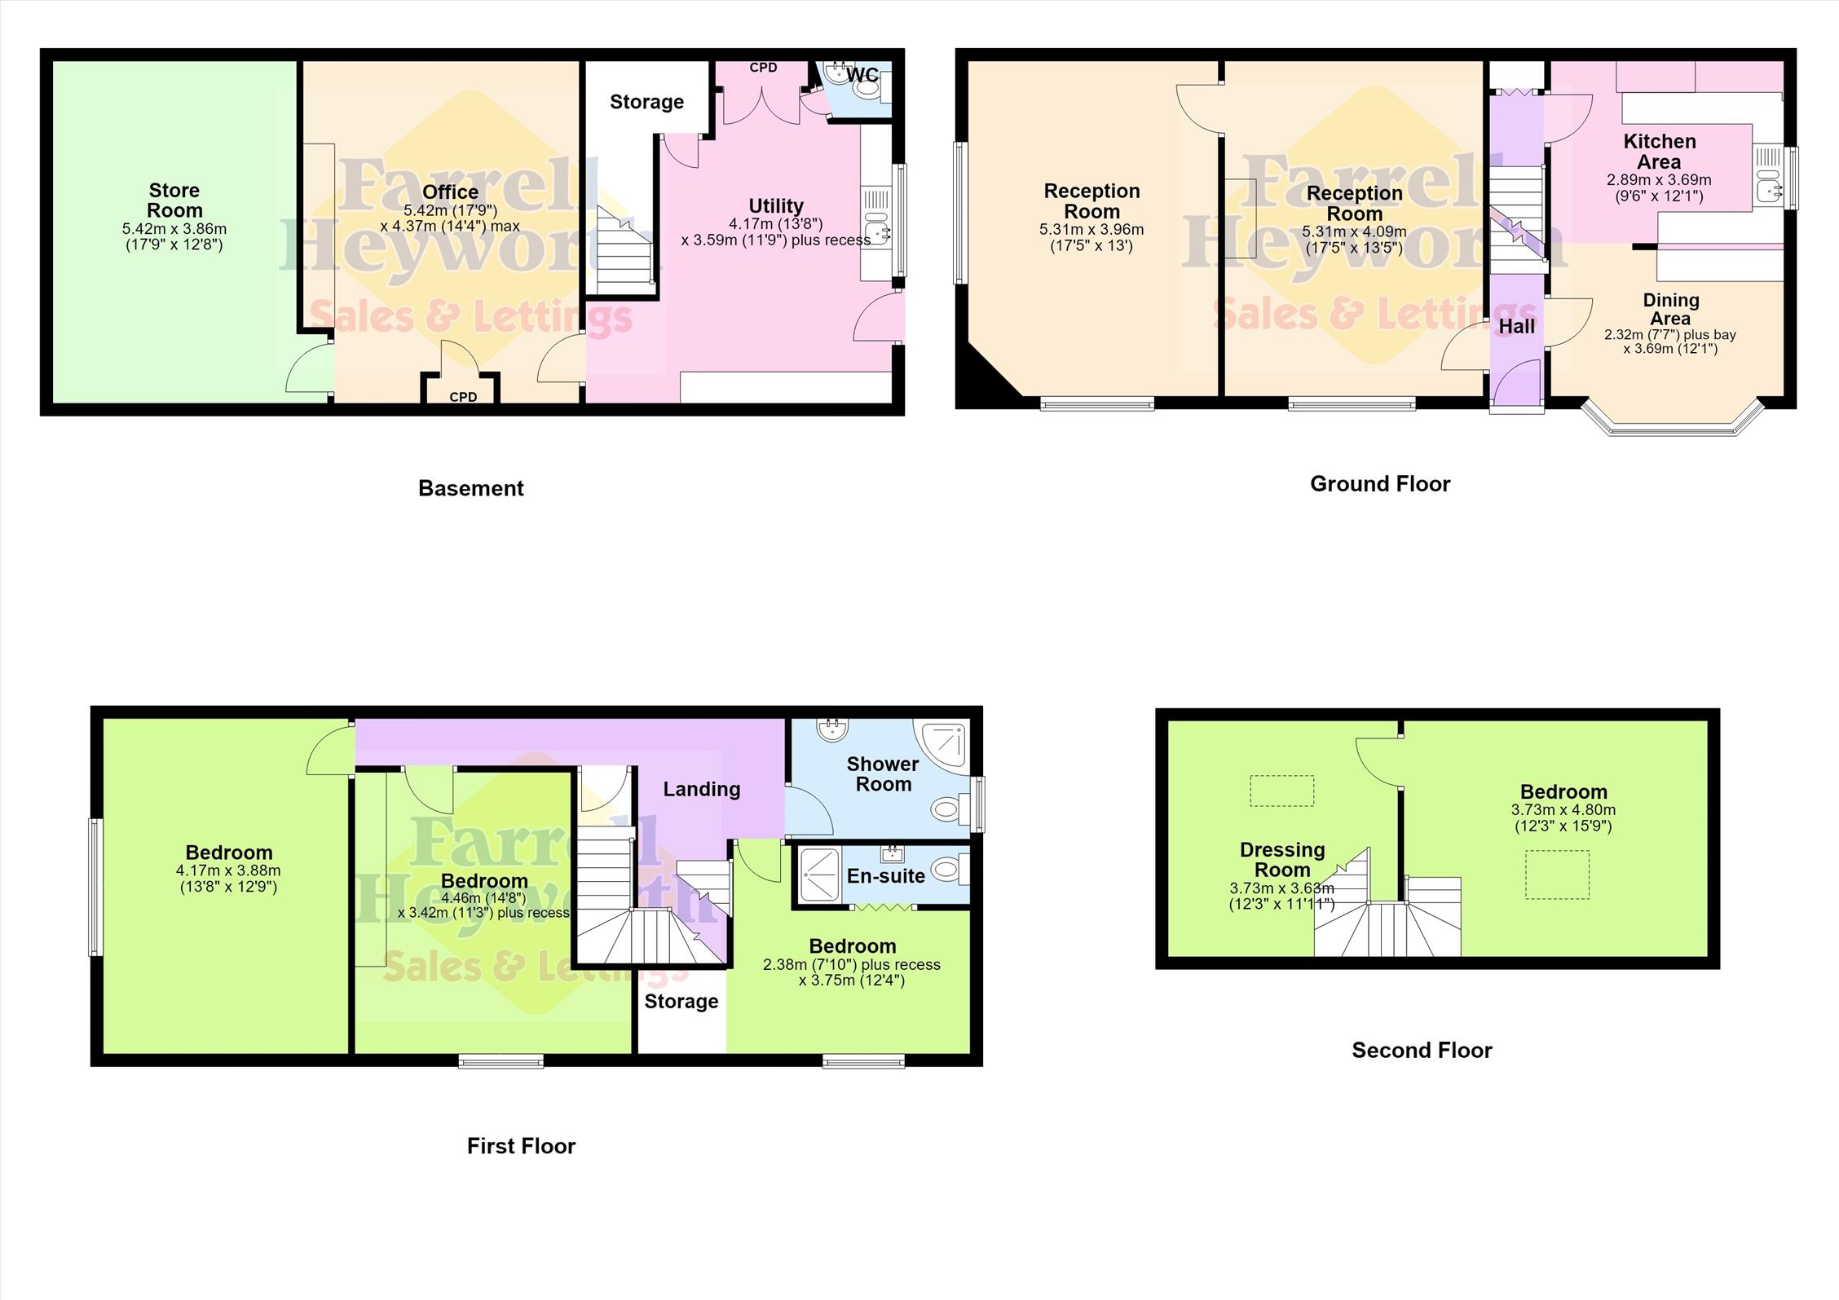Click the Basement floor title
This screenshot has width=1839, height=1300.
(x=471, y=488)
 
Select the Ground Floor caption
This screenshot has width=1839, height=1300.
(x=1380, y=484)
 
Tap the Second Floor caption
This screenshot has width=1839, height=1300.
(x=1422, y=1050)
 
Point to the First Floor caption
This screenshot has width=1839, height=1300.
(x=521, y=1146)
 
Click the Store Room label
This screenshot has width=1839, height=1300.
(x=174, y=201)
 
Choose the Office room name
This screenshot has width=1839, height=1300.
(x=451, y=192)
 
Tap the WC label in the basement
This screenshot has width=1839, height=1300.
(x=862, y=75)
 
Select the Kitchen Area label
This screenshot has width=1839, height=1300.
(x=1660, y=152)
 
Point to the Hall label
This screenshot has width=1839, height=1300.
(x=1516, y=327)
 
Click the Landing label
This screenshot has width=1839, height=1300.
(x=702, y=789)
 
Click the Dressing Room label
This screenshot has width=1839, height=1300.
(x=1282, y=860)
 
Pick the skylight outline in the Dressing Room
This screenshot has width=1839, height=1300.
(x=1282, y=791)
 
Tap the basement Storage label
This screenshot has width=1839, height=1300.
(x=647, y=103)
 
